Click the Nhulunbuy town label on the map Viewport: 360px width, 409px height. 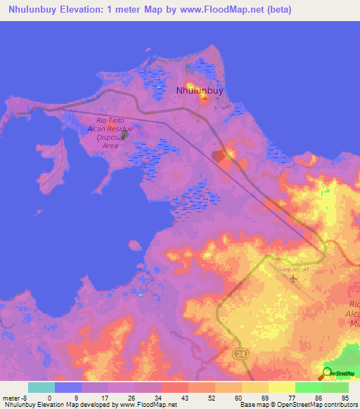(x=201, y=91)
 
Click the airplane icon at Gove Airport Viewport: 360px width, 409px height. (x=293, y=280)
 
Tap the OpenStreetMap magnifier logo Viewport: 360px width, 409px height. (x=326, y=372)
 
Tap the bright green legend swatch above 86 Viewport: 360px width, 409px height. (x=309, y=387)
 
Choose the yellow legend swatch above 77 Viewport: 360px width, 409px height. (x=282, y=387)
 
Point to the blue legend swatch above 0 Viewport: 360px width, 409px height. (x=68, y=387)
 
